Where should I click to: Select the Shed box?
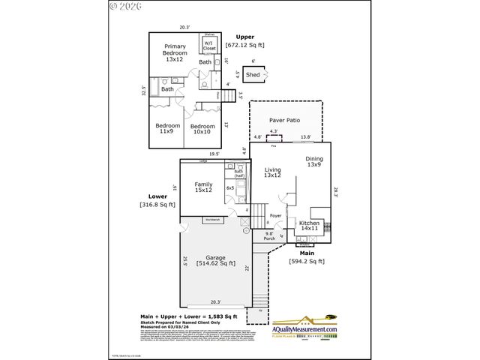point(253,75)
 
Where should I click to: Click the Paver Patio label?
point(285,119)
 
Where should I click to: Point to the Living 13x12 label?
point(272,173)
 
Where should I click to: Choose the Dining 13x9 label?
point(314,162)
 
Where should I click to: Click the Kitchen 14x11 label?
point(310,226)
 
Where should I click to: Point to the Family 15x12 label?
point(203,187)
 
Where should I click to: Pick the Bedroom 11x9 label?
point(167,128)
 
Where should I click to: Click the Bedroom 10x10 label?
point(202,129)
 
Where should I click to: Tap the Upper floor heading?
point(245,37)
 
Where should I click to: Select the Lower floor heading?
point(157,196)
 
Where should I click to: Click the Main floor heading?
point(306,253)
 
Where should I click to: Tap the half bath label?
point(239,174)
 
